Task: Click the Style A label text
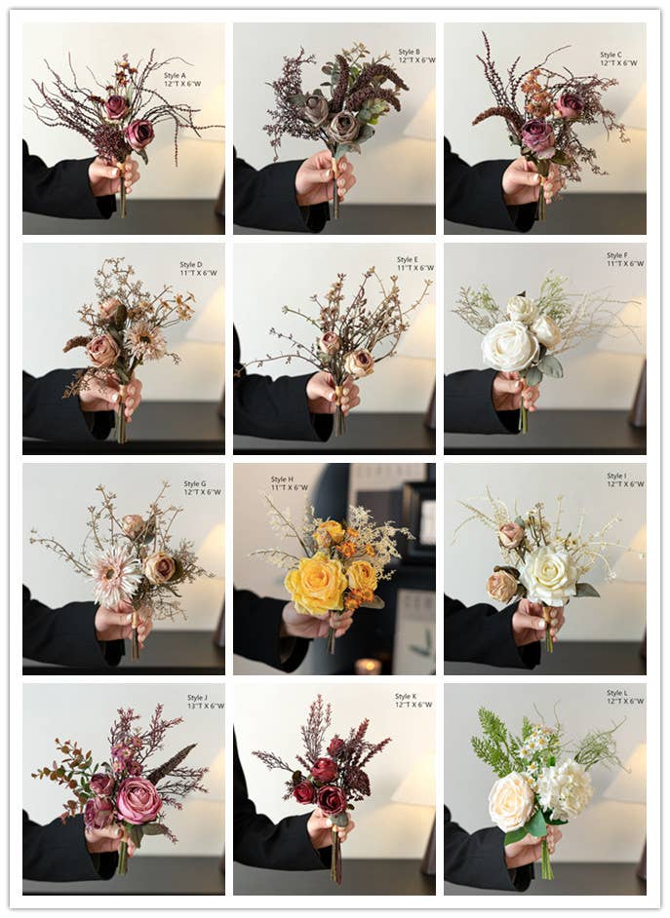(x=175, y=75)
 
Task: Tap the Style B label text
(x=409, y=52)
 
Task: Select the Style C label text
(x=611, y=56)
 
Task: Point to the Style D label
(x=191, y=264)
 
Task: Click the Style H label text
(x=282, y=479)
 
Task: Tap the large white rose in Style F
(x=509, y=346)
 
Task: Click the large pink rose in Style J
(x=138, y=800)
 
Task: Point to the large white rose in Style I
(x=547, y=575)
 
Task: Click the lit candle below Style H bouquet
(x=367, y=666)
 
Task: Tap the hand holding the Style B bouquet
(x=324, y=178)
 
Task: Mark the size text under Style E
(x=415, y=268)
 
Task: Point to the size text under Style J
(x=205, y=706)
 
